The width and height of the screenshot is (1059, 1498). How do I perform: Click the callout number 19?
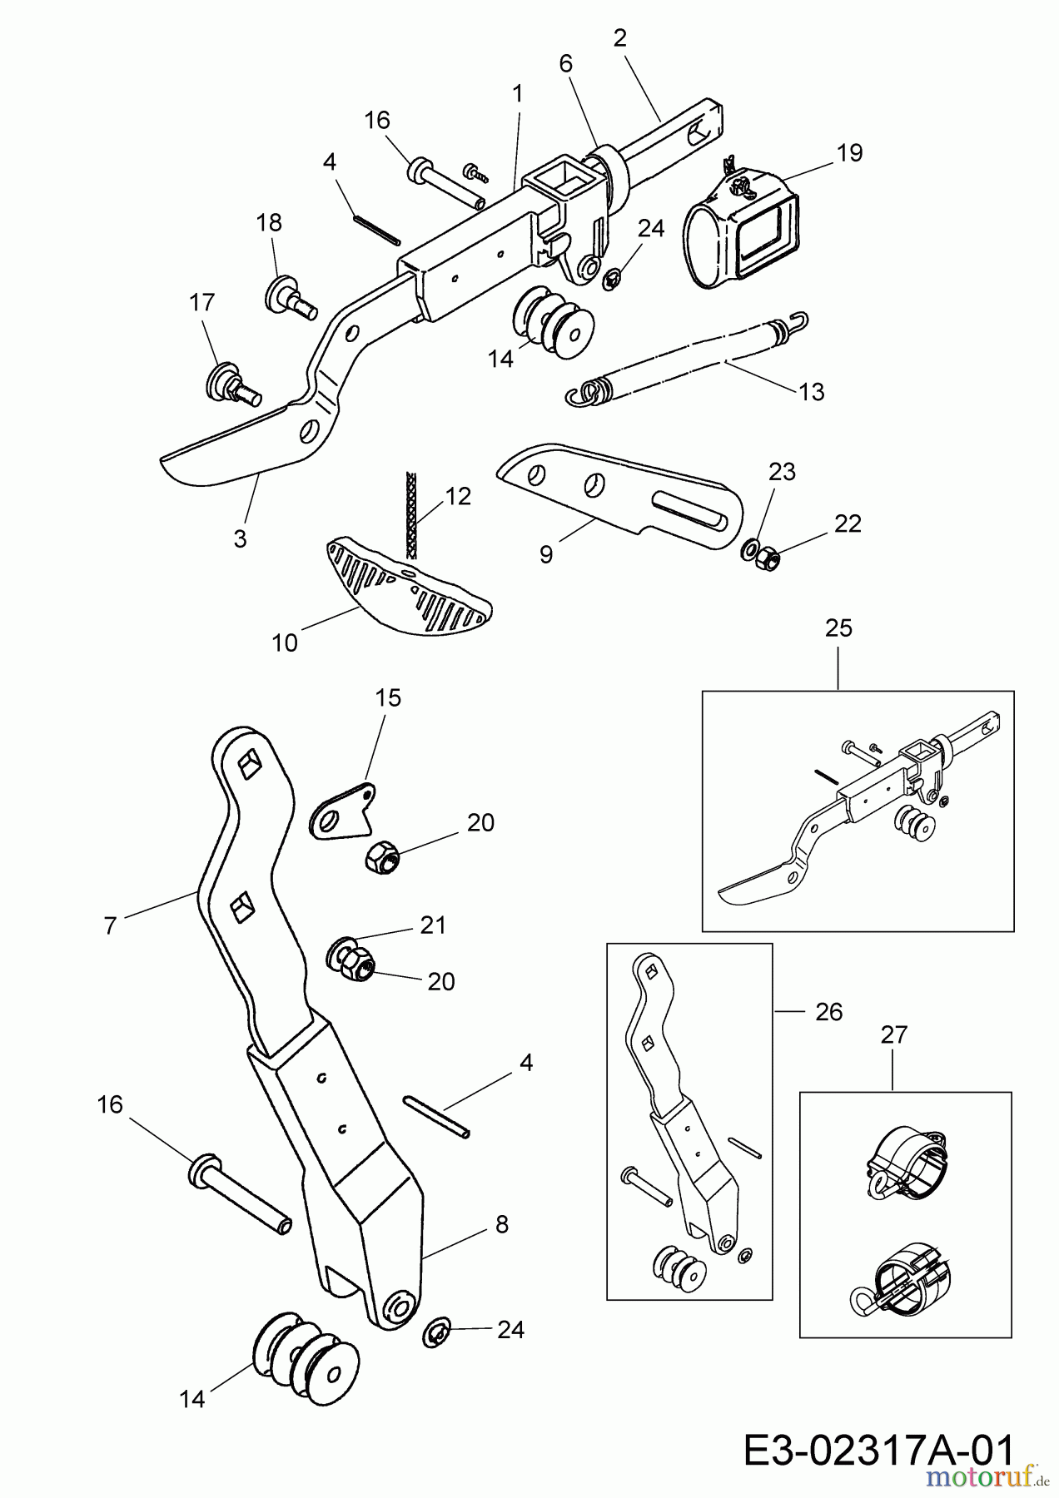tap(850, 153)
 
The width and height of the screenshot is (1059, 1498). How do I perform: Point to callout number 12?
tap(458, 497)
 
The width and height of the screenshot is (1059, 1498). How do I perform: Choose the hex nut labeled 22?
tap(767, 560)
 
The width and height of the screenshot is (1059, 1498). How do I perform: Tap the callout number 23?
tap(782, 472)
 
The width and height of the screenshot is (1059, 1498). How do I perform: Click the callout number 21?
tap(433, 925)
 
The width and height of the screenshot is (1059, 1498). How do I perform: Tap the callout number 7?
tap(110, 925)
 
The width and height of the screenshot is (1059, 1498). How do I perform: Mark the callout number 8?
tap(501, 1224)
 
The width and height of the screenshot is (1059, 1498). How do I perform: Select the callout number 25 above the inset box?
tap(838, 628)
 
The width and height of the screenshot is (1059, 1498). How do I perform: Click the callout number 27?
tap(893, 1035)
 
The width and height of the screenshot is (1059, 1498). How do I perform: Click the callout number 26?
tap(828, 1012)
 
